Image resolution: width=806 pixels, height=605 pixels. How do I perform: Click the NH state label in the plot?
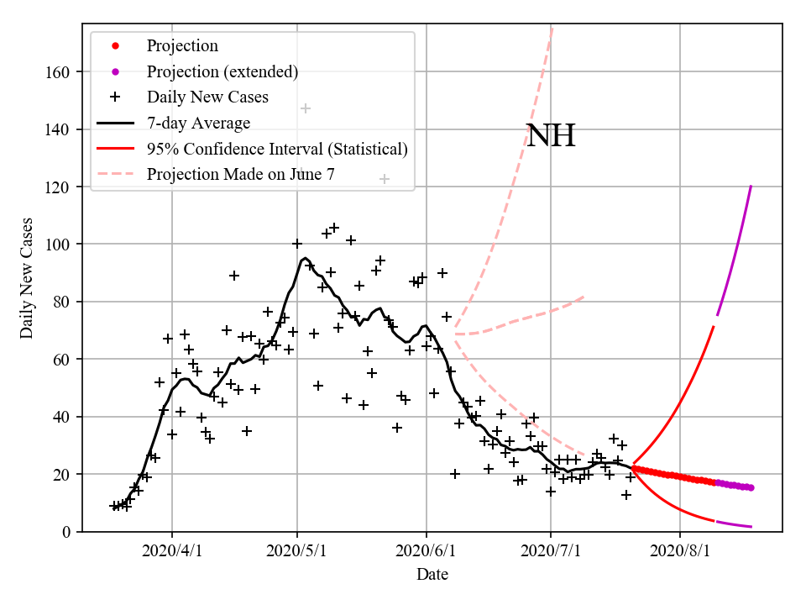(551, 136)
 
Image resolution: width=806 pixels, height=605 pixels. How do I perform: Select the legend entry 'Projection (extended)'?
(222, 71)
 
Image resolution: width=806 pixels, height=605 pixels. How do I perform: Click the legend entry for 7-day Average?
(198, 124)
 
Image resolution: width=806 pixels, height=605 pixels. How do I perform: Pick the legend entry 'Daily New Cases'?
(207, 97)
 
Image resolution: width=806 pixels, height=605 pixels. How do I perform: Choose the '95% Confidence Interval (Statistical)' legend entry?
(277, 150)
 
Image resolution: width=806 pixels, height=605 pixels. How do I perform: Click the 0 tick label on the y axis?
(64, 532)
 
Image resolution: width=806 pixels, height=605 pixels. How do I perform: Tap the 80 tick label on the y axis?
(60, 302)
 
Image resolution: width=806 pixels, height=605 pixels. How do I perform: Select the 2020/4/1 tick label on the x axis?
(172, 552)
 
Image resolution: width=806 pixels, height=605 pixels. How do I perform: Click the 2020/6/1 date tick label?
(427, 552)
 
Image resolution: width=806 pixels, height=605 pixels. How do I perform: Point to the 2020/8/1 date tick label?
(680, 552)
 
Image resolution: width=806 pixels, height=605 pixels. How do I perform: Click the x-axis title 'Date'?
(432, 576)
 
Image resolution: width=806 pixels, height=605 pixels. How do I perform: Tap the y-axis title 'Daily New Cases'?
(27, 277)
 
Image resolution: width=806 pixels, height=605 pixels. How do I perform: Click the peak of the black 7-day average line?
(305, 258)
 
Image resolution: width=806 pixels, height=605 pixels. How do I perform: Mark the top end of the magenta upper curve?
(751, 187)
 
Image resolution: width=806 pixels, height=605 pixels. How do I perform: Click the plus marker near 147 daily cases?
(306, 108)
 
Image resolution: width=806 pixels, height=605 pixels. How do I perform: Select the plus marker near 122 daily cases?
(385, 179)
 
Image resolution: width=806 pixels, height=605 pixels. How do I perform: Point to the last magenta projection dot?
(751, 487)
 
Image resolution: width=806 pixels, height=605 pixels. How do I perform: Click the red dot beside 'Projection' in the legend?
(115, 46)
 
